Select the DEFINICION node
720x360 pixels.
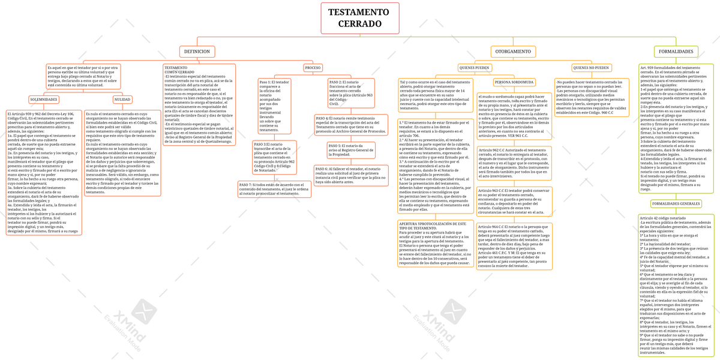[x=197, y=52]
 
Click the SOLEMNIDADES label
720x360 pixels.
[x=44, y=99]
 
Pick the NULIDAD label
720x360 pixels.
[x=122, y=99]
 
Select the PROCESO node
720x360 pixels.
[x=313, y=68]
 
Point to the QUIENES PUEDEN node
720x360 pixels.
[x=474, y=68]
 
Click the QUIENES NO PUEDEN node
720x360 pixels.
[x=591, y=68]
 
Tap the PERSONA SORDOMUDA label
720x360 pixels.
[x=515, y=82]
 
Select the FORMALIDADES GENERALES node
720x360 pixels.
[x=676, y=204]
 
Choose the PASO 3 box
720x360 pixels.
[x=274, y=157]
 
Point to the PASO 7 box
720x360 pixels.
[x=274, y=188]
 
